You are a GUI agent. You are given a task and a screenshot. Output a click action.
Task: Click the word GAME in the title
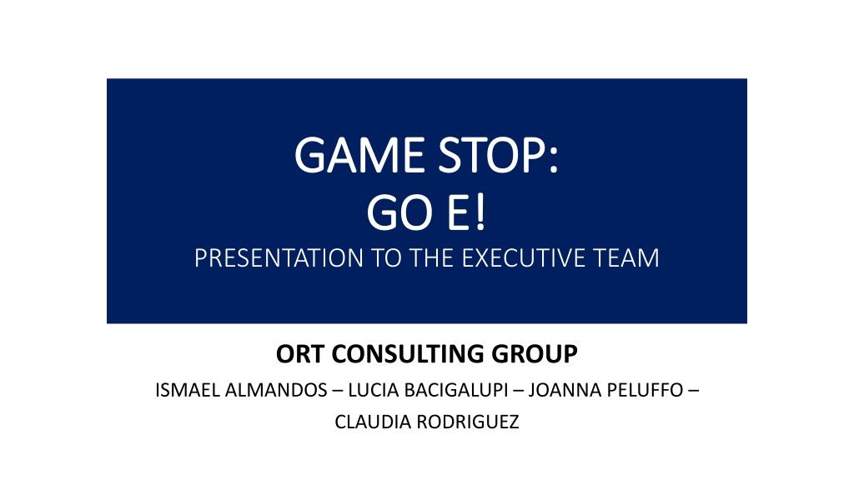tap(359, 156)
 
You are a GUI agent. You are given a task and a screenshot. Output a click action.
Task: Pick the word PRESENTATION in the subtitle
tap(279, 258)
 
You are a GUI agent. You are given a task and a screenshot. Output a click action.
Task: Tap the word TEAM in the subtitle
tap(626, 258)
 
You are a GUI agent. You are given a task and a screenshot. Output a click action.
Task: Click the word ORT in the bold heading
tap(300, 353)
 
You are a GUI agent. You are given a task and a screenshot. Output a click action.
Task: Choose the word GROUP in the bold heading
tap(535, 353)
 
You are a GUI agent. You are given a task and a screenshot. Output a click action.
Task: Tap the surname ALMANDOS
tap(276, 390)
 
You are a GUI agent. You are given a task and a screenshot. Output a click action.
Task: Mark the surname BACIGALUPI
tap(455, 390)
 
